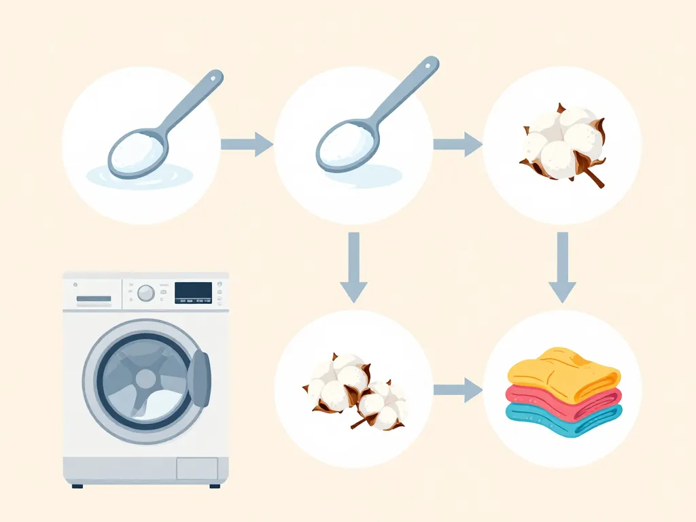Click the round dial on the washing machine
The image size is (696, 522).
145,293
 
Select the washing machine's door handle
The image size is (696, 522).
200,379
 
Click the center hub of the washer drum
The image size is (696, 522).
145,379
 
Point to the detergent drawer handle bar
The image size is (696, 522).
94,298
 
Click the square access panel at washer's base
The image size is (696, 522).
197,468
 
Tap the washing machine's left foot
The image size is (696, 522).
77,485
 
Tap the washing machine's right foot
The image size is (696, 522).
215,485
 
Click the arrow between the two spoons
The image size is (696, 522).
247,144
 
